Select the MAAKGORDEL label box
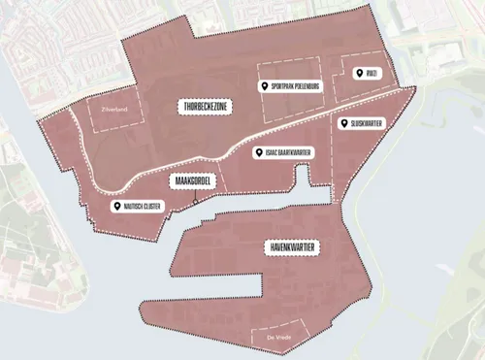[x=193, y=181]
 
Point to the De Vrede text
[x=278, y=337]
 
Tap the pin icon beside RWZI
[x=356, y=74]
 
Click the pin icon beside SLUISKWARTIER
[x=343, y=123]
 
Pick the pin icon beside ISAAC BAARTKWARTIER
[x=256, y=153]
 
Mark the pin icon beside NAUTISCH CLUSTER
[x=115, y=206]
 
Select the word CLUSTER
[x=148, y=206]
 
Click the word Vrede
[x=283, y=337]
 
